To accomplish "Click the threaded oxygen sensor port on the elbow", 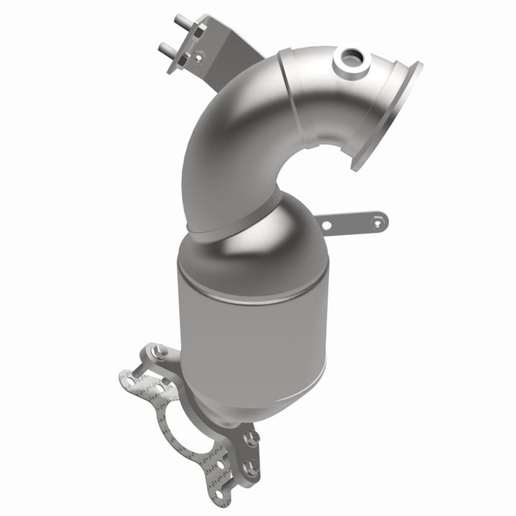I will coord(352,59).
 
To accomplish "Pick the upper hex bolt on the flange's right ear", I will coord(251,437).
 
